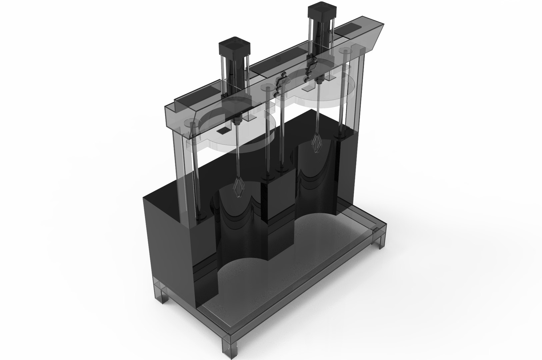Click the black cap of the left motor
click(234, 49)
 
